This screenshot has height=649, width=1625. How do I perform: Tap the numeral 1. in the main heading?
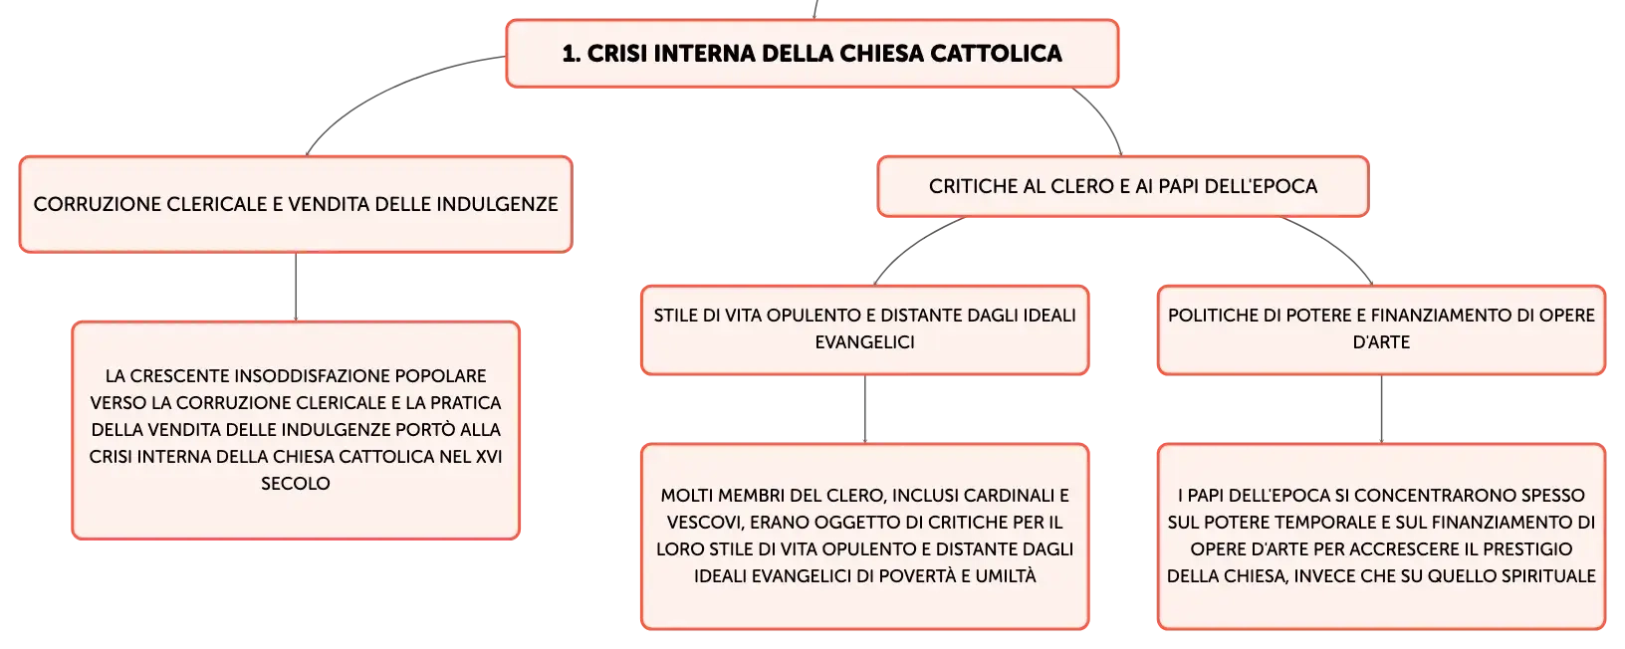[x=572, y=54]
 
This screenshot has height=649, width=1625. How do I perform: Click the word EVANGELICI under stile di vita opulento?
[x=864, y=342]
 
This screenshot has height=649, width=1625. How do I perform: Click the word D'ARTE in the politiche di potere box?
[x=1381, y=342]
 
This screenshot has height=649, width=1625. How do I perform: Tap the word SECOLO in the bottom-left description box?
[x=296, y=484]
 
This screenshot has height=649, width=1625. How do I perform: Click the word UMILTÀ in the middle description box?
[x=1006, y=576]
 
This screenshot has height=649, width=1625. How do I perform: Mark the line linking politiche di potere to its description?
[x=1381, y=409]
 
